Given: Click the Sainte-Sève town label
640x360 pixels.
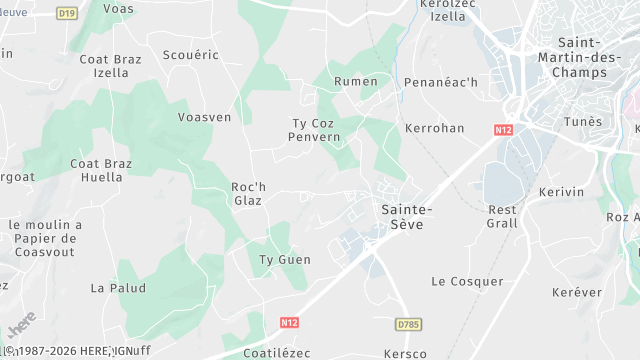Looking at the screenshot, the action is tap(407, 217).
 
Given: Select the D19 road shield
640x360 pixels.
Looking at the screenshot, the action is tap(67, 13).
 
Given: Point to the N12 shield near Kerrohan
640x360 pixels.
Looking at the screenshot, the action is tap(504, 129).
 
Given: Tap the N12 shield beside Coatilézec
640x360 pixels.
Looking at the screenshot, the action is tap(290, 323).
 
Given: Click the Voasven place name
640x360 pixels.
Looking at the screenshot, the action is tap(204, 117).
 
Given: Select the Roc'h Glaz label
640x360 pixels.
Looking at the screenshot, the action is tap(249, 193).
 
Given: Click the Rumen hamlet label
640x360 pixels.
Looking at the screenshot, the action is tap(356, 81).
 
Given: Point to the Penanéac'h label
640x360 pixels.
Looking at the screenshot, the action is tap(441, 81).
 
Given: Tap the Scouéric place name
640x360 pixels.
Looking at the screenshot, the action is tap(190, 55).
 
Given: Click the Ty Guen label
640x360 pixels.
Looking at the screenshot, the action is tap(285, 260).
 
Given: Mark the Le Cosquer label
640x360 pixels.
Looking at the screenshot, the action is tap(467, 282).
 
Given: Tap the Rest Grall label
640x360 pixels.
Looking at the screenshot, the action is tap(502, 216).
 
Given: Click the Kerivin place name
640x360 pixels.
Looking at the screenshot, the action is tap(560, 191).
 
